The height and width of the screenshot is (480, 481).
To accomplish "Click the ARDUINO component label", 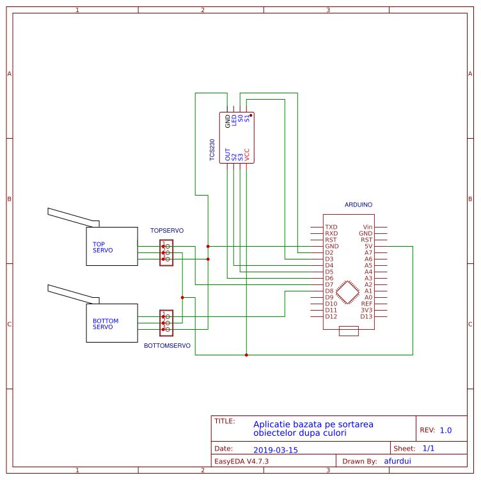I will click(358, 205).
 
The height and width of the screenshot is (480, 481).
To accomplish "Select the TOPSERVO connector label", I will click(167, 230).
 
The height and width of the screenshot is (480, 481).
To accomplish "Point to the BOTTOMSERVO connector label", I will click(167, 345).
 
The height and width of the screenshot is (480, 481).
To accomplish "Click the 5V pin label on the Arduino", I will click(368, 246).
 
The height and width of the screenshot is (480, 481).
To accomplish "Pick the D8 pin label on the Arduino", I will click(329, 291).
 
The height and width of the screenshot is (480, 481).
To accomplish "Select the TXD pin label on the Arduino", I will click(331, 227).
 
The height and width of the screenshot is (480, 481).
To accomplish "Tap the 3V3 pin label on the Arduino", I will click(367, 310).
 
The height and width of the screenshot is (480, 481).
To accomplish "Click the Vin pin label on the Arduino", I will click(368, 227).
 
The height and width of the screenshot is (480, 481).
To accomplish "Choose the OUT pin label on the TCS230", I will click(228, 154).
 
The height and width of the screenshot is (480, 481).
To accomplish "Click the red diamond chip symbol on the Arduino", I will click(349, 291).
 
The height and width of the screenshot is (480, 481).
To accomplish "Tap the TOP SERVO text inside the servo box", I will click(102, 247).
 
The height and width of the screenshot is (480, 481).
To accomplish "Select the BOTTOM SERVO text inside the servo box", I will click(106, 324).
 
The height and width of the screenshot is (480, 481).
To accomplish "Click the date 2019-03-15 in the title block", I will click(276, 450).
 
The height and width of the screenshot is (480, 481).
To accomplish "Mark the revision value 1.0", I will click(446, 430).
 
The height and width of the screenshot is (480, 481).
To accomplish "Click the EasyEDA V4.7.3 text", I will click(241, 461).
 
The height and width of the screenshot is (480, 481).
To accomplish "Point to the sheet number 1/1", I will click(429, 449).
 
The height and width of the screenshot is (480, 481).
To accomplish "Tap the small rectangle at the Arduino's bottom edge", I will click(349, 330).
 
